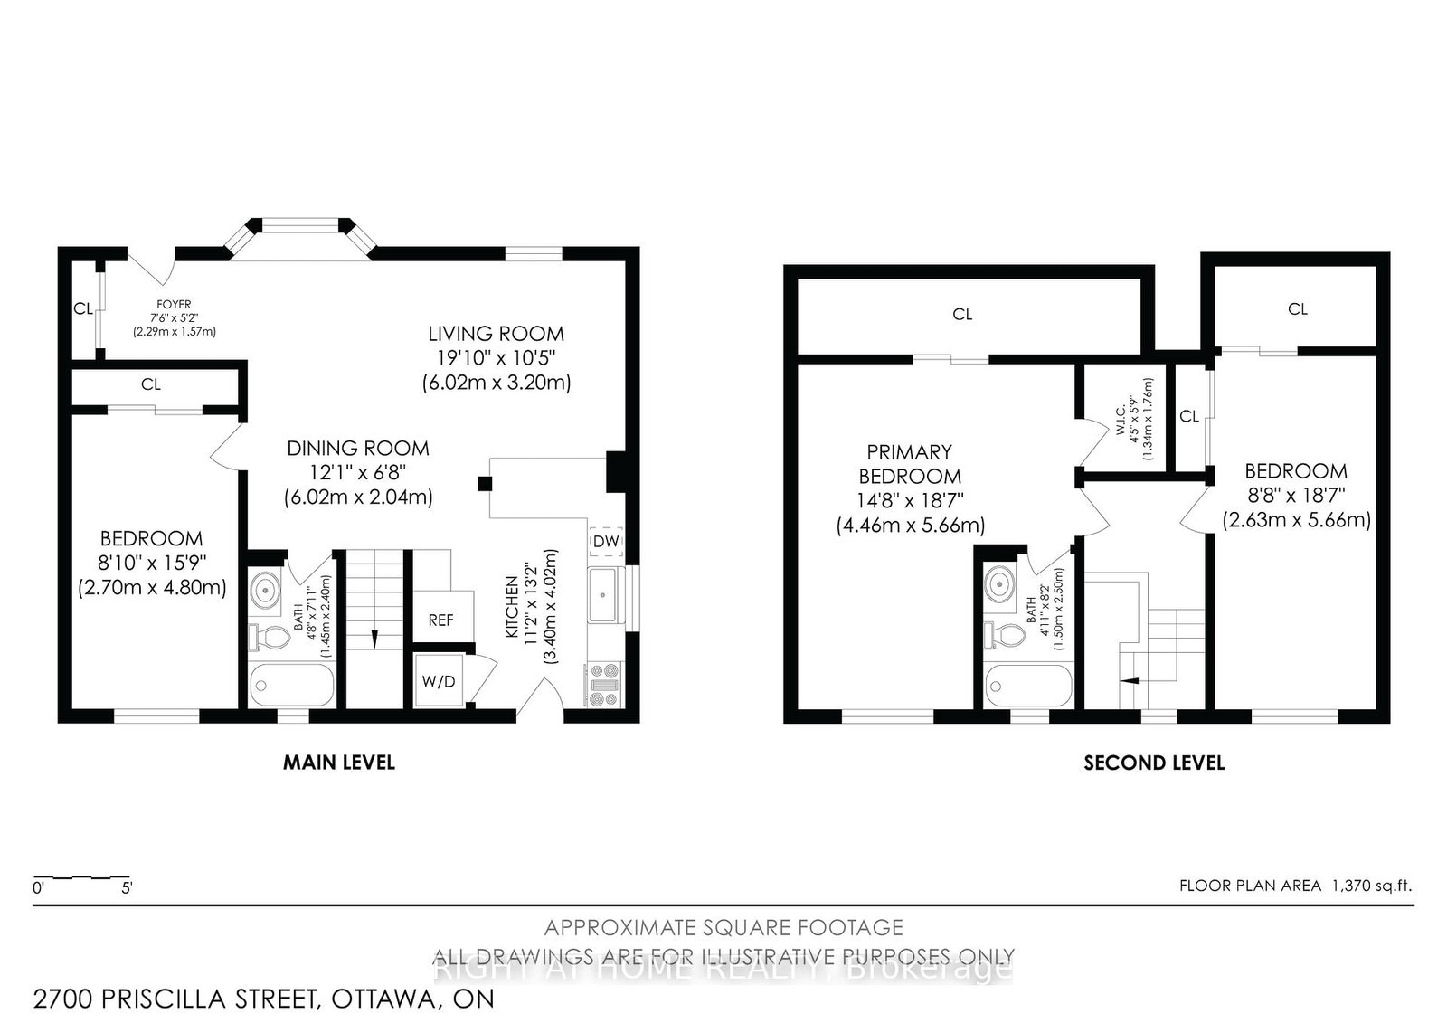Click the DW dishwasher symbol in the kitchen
(605, 542)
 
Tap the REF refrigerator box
(440, 620)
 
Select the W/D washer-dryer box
(439, 681)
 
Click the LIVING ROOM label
(496, 334)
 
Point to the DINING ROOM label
(358, 449)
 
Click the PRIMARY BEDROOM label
(910, 463)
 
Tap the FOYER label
(174, 305)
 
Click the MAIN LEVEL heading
(339, 763)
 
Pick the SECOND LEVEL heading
(1154, 763)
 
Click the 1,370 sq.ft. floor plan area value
(1371, 886)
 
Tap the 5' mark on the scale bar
(128, 888)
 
